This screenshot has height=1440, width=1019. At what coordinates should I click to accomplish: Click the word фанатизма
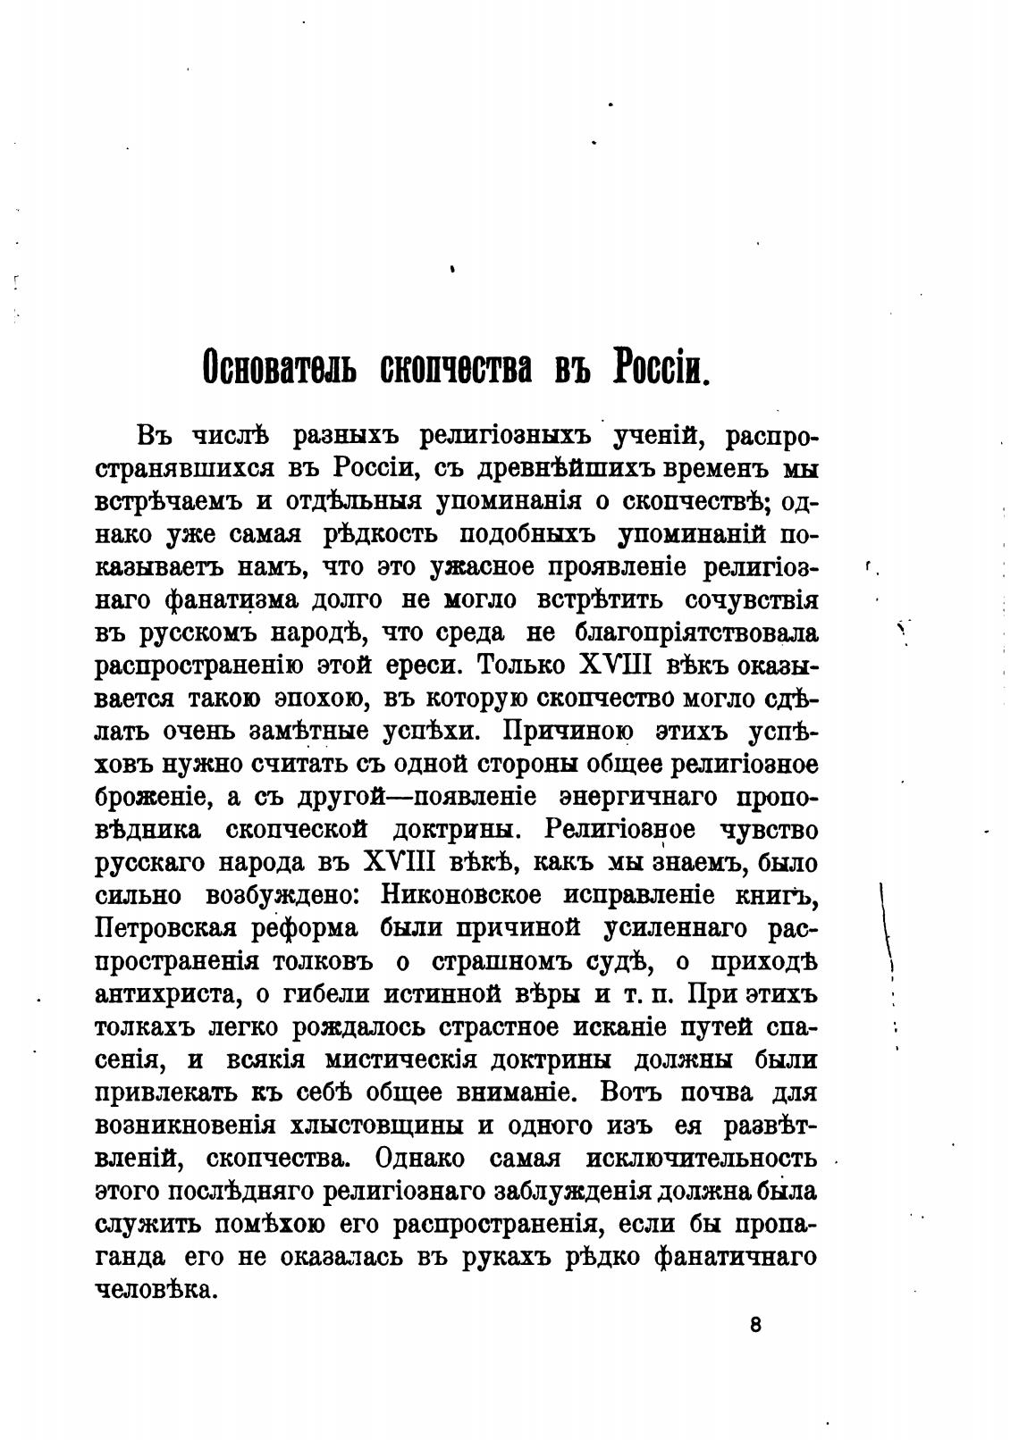[234, 599]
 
